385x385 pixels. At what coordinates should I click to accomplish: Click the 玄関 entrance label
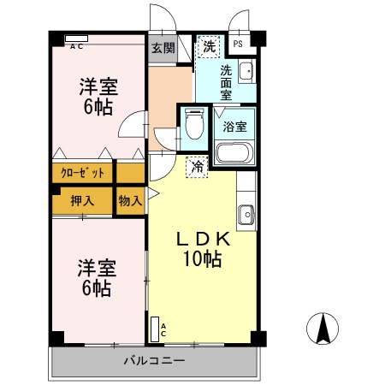(x=163, y=48)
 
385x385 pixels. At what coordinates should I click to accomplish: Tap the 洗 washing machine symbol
(x=208, y=48)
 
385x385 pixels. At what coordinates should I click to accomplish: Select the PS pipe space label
(x=238, y=44)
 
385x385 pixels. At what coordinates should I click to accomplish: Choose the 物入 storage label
(x=130, y=201)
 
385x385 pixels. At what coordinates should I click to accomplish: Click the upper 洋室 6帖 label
(x=98, y=96)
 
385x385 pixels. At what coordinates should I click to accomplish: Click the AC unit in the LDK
(x=157, y=329)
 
